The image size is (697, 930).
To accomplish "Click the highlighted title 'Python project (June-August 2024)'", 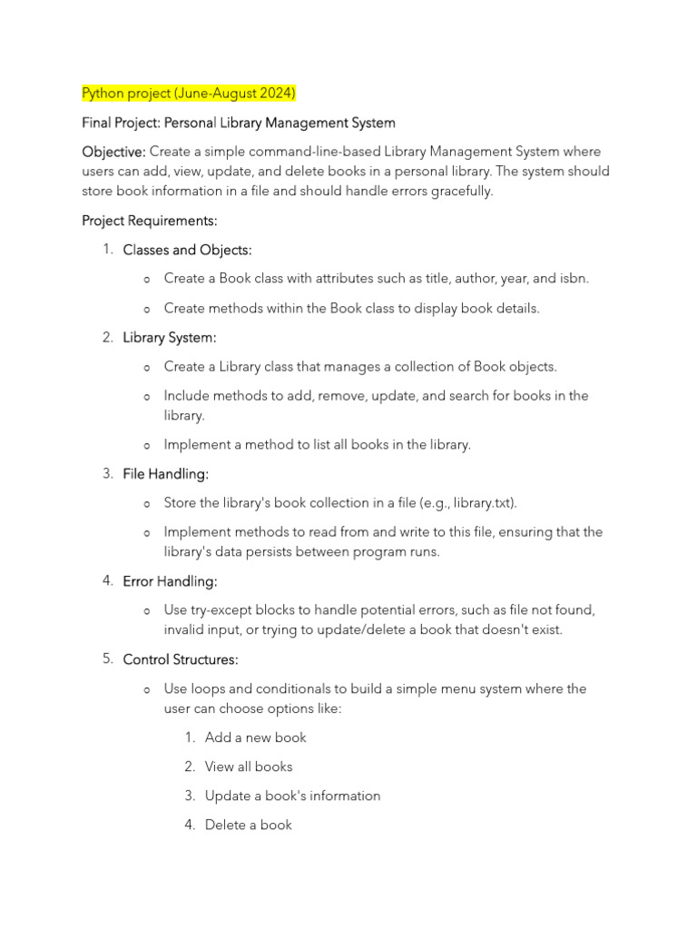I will (189, 94).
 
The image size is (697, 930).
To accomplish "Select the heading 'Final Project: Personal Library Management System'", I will (239, 123).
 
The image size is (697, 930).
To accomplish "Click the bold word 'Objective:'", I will (113, 152).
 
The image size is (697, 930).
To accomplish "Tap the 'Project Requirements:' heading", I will (150, 221).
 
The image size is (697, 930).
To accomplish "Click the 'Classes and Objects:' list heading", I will (187, 250).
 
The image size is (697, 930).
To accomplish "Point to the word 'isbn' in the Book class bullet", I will (573, 279).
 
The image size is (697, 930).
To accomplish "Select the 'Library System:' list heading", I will (170, 338).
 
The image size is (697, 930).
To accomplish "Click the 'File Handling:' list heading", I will (166, 474).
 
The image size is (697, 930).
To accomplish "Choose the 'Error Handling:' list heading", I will (170, 581).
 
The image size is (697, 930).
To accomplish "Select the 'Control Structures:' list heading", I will (181, 659).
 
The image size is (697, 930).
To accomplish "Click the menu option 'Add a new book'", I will (256, 737).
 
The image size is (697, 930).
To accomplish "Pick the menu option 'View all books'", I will (249, 767).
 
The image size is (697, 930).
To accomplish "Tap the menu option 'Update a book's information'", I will (292, 796).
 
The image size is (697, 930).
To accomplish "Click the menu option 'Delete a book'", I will (249, 825).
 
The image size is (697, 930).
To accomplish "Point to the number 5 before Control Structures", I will (107, 658).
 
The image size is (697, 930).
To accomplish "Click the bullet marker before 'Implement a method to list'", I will (147, 446).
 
